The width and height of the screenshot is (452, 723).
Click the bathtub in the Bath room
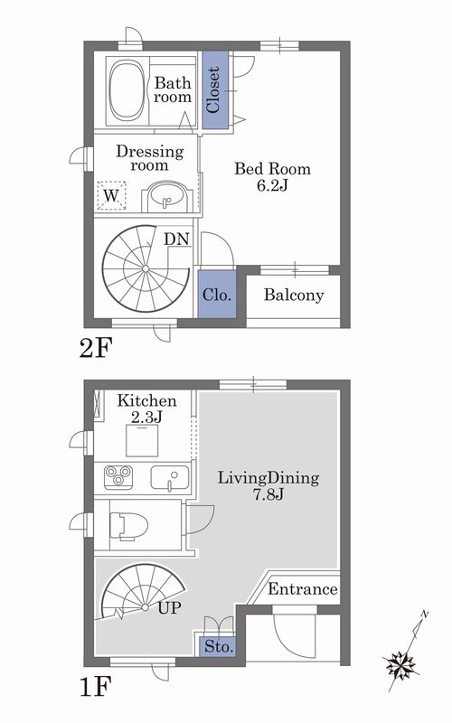pyautogui.click(x=127, y=91)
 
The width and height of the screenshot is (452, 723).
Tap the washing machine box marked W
pyautogui.click(x=111, y=195)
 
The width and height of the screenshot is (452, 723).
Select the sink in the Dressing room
pyautogui.click(x=166, y=197)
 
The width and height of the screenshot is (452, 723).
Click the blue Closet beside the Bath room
pyautogui.click(x=215, y=89)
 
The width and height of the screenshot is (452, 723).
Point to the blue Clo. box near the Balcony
pyautogui.click(x=217, y=295)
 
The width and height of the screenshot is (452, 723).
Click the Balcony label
pyautogui.click(x=294, y=296)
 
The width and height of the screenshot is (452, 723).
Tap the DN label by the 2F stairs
pyautogui.click(x=177, y=239)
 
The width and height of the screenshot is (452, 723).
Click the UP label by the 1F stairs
pyautogui.click(x=169, y=608)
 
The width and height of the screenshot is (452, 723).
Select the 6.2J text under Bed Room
pyautogui.click(x=272, y=185)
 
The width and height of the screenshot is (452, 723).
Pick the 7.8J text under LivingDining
pyautogui.click(x=268, y=494)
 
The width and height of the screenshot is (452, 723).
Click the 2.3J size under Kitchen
pyautogui.click(x=146, y=417)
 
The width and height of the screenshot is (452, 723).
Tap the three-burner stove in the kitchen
pyautogui.click(x=118, y=477)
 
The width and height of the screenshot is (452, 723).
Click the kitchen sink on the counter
pyautogui.click(x=170, y=478)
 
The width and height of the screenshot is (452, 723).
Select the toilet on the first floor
pyautogui.click(x=128, y=526)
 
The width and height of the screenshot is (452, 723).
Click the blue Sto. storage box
pyautogui.click(x=219, y=646)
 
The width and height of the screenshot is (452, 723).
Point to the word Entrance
pyautogui.click(x=303, y=589)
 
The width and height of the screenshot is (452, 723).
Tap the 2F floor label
pyautogui.click(x=96, y=348)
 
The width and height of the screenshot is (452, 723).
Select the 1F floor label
pyautogui.click(x=95, y=687)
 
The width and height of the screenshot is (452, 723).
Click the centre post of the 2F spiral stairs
pyautogui.click(x=146, y=268)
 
